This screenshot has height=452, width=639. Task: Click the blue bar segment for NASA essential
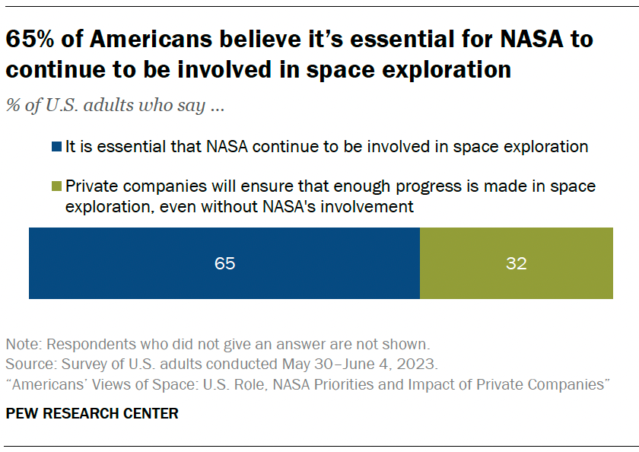pos(224,263)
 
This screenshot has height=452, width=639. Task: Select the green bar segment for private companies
pos(516,263)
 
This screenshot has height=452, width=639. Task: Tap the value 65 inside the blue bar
pos(224,264)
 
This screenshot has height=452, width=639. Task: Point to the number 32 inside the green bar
pos(516,264)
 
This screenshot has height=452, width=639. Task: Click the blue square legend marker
pos(57,148)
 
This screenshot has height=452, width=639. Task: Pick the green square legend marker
pos(57,186)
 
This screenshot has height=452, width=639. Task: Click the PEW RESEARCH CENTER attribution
pos(92,414)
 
